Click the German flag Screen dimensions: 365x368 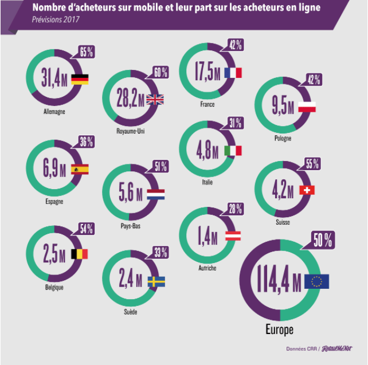79,79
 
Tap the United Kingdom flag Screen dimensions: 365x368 155,99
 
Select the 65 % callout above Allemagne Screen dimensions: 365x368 87,53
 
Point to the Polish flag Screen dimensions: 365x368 308,107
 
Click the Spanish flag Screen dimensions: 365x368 79,169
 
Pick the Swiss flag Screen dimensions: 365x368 307,190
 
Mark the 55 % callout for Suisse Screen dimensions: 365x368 312,164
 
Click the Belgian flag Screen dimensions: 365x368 79,254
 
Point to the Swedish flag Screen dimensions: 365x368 156,281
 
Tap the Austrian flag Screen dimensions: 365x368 233,234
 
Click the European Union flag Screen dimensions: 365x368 317,281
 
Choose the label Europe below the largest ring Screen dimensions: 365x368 279,329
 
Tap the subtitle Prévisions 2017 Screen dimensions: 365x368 55,19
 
